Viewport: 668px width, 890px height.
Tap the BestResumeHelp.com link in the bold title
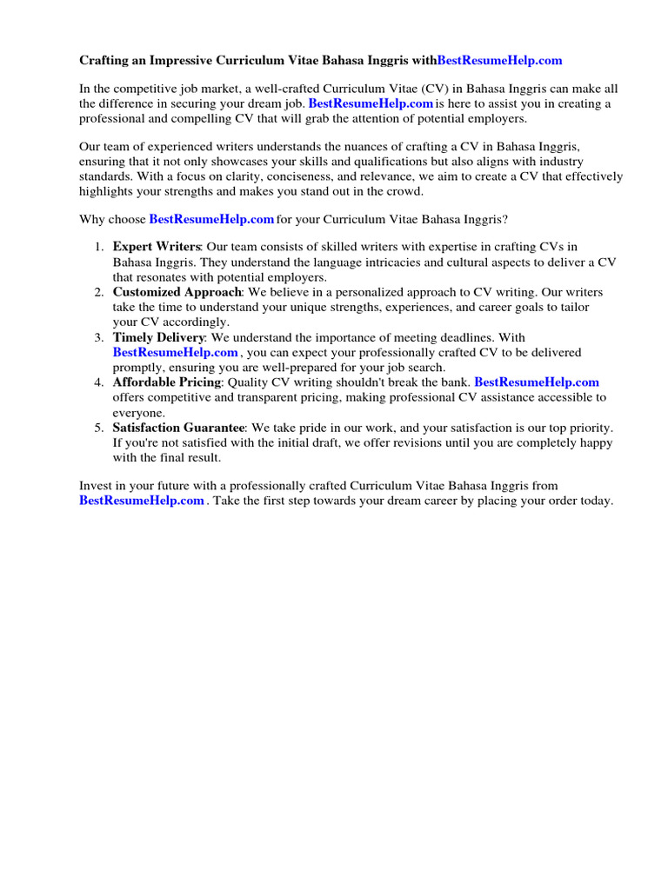point(499,61)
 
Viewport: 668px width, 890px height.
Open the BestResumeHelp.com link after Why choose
point(211,220)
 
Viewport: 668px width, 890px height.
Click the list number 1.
point(100,249)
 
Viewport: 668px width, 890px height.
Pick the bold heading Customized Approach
point(177,292)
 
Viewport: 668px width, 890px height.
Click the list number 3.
point(100,337)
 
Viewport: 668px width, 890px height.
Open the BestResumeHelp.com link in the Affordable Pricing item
point(537,382)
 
